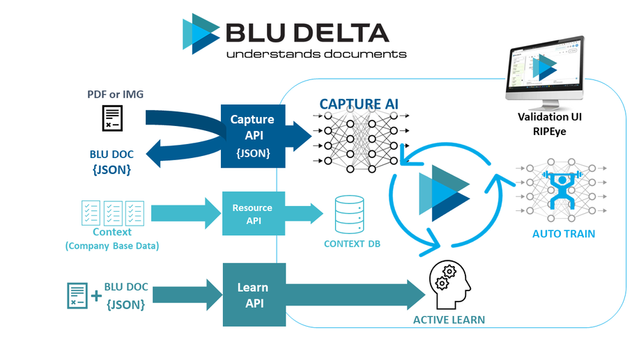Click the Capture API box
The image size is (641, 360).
(252, 136)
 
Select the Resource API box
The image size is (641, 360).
(252, 213)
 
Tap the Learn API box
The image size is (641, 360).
(254, 295)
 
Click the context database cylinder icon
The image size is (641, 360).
(348, 215)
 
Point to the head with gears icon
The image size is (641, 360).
(449, 284)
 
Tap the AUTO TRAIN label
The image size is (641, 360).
(564, 234)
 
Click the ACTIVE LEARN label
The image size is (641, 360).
(449, 320)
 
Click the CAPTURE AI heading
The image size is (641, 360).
(359, 104)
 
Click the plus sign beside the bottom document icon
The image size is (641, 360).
(95, 296)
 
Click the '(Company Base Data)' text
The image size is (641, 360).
(111, 246)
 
